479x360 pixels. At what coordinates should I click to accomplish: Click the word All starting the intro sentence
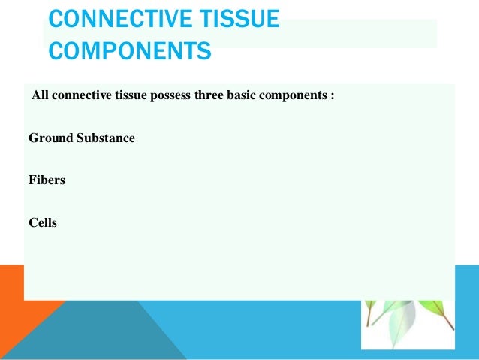click(x=40, y=97)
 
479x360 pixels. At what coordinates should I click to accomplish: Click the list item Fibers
click(x=47, y=180)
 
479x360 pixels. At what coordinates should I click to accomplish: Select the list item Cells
click(x=43, y=222)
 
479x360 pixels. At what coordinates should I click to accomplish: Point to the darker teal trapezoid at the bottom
click(x=113, y=331)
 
